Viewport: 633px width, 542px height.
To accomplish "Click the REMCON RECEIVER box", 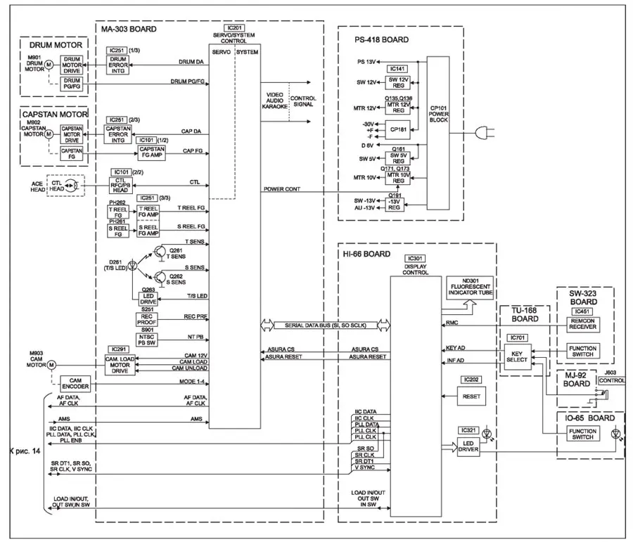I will [x=584, y=323].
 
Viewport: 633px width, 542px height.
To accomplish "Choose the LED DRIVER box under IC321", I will [x=468, y=446].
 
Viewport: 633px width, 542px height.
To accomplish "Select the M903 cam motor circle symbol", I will [x=51, y=365].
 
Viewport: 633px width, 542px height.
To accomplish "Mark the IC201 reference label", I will [x=234, y=27].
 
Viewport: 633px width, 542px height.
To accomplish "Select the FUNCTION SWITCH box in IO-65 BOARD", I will [x=584, y=433].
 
